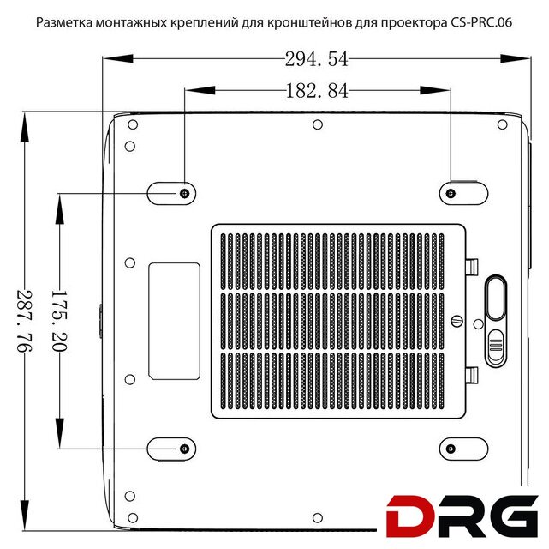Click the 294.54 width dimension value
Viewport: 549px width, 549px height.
point(317,59)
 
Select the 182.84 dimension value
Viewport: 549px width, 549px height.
point(317,91)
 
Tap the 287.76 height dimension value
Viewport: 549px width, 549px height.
point(25,321)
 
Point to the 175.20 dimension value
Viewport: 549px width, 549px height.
point(59,321)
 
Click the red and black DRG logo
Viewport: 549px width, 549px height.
point(462,516)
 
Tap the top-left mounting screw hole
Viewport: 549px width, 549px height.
point(185,193)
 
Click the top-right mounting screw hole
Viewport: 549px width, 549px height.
point(451,193)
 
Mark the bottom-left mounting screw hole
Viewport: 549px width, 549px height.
point(184,449)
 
